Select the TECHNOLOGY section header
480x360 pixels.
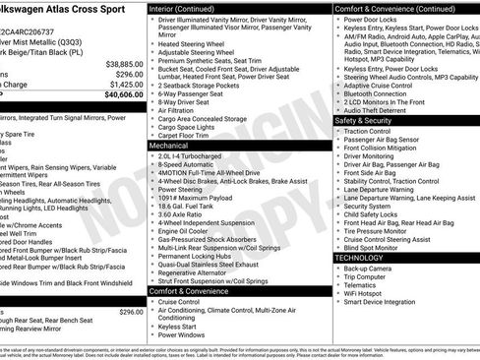360,257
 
